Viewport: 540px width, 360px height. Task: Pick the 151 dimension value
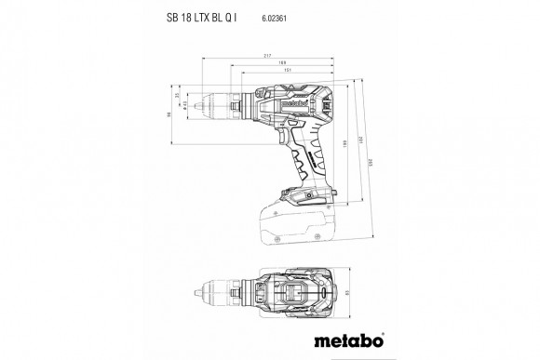click(x=288, y=76)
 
